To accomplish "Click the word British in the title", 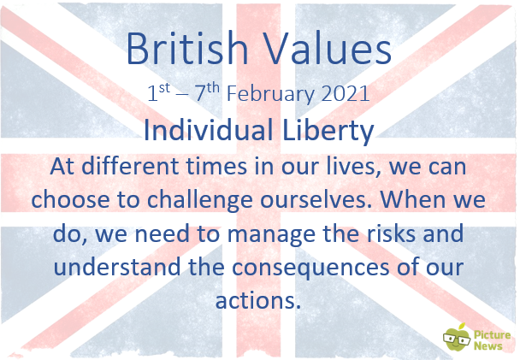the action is (x=187, y=48).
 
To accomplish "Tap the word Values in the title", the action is (x=329, y=48).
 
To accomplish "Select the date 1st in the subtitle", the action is (x=159, y=92).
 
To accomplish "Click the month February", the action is (x=270, y=94).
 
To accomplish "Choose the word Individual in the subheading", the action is (x=209, y=130).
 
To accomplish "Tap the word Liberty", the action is (x=328, y=131).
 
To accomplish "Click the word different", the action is (x=130, y=166).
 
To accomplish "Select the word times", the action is (x=216, y=166).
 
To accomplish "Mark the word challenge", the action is (x=199, y=201).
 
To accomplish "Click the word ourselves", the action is (x=316, y=199).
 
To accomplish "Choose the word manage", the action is (x=271, y=234).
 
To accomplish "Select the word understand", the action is (x=117, y=267).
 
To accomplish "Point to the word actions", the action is (x=258, y=300).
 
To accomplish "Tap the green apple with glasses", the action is (x=457, y=338).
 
